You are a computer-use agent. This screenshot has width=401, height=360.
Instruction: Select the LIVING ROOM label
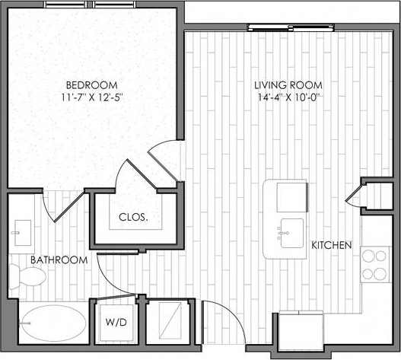290,84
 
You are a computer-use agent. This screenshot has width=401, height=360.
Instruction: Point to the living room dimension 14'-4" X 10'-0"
290,97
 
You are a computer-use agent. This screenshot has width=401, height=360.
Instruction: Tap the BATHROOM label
59,260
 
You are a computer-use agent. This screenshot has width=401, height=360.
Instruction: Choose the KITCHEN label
331,245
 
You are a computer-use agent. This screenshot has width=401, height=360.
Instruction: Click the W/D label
116,321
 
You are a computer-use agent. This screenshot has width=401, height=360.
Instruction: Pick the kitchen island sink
290,231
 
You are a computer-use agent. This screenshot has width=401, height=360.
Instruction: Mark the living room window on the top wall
281,28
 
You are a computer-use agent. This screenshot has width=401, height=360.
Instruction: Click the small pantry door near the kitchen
355,196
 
